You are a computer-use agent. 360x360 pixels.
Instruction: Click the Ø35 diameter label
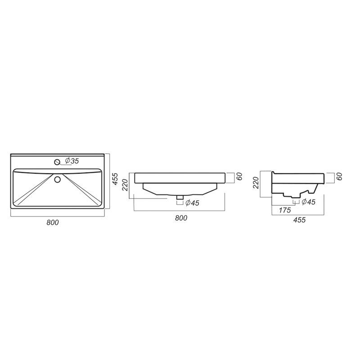(x=72, y=161)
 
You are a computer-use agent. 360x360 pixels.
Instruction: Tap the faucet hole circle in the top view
(x=57, y=162)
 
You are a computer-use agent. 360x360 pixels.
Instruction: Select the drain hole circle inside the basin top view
(x=58, y=179)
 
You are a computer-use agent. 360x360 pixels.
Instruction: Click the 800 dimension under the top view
(x=53, y=222)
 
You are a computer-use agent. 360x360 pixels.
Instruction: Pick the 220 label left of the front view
(x=126, y=185)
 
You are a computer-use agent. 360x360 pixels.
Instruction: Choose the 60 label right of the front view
(x=239, y=176)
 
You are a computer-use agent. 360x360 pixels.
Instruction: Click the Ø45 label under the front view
(x=192, y=203)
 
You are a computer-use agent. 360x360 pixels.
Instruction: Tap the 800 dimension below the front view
(x=181, y=218)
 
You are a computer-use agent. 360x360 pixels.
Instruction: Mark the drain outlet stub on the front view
(x=180, y=197)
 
